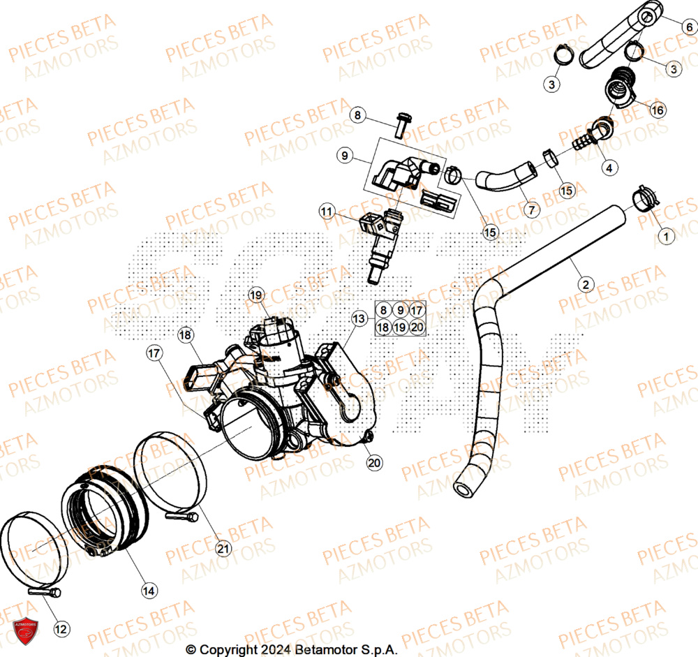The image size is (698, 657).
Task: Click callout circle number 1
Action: tap(666, 238)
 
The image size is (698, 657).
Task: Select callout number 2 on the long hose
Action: tap(585, 284)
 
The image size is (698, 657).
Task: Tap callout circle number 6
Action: tap(688, 27)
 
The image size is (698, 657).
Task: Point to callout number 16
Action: tap(658, 110)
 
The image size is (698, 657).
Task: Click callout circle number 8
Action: tap(358, 115)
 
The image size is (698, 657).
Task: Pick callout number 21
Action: tap(223, 549)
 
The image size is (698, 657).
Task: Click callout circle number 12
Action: tap(61, 629)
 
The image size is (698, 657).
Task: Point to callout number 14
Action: tap(148, 591)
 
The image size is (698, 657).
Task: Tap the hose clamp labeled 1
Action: tap(644, 199)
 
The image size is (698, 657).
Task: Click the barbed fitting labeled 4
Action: tap(581, 143)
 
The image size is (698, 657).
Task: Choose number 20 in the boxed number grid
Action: tap(417, 327)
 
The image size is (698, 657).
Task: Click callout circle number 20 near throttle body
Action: tap(374, 462)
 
